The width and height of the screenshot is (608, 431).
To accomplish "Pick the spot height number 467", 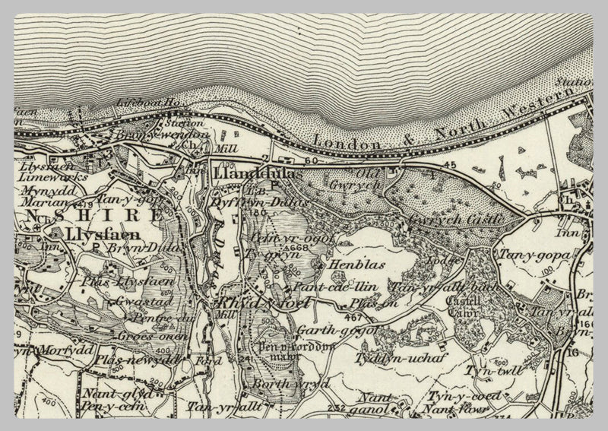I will tap(351, 315).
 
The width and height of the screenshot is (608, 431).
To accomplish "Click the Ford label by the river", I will tap(204, 361).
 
